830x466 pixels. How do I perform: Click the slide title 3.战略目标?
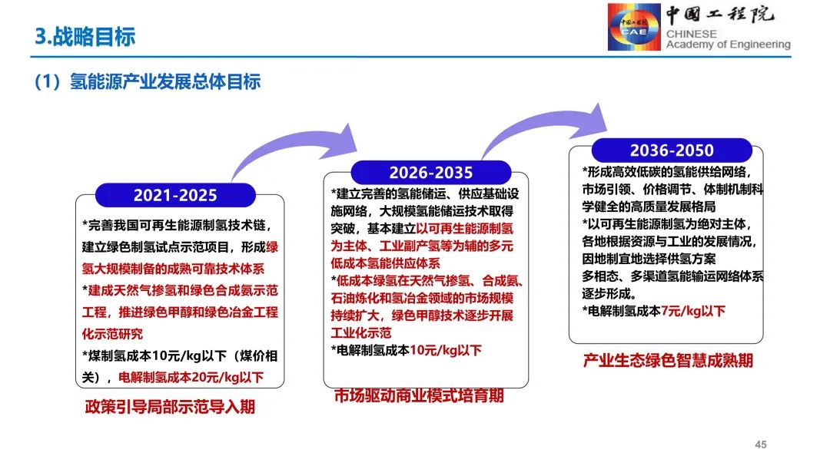[x=85, y=36]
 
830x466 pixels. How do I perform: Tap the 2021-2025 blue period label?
[x=175, y=195]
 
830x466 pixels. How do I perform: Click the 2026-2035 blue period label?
[x=430, y=173]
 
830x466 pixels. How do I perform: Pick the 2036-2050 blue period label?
[x=671, y=150]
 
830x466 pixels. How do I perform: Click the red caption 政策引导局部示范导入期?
[x=170, y=408]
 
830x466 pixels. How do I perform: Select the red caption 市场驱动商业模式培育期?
[x=419, y=396]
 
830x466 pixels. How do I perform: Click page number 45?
[x=761, y=445]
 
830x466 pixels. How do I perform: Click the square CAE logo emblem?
[x=633, y=28]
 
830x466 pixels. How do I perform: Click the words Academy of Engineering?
[x=728, y=45]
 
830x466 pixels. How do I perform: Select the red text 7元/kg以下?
[x=693, y=311]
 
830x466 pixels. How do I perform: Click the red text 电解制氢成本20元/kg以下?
[x=191, y=377]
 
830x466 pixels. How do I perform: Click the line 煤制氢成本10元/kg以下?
[x=154, y=355]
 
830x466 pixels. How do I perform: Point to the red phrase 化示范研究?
[x=112, y=334]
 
